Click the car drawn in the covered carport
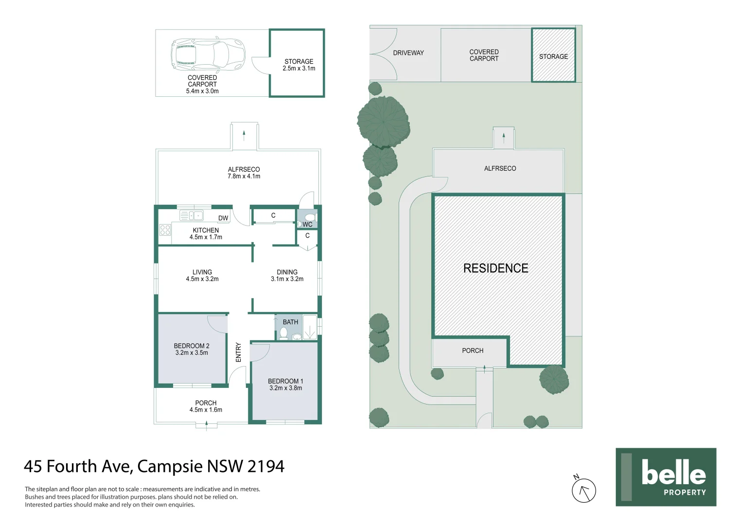[208, 54]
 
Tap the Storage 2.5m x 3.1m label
[298, 65]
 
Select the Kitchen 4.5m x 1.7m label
[206, 234]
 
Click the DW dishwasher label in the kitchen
[223, 218]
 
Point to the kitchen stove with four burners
[165, 230]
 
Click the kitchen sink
[191, 215]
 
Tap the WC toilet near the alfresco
[310, 217]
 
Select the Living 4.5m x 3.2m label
[202, 276]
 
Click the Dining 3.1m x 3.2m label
[287, 276]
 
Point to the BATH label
[290, 322]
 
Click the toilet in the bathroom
[283, 333]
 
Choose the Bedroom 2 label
[192, 349]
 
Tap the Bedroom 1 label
[285, 385]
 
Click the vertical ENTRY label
[238, 352]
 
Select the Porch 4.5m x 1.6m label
[206, 406]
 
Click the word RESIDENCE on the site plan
[495, 268]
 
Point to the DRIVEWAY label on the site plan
[408, 53]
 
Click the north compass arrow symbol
[583, 490]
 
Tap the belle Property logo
[666, 477]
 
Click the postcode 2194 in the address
[265, 466]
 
